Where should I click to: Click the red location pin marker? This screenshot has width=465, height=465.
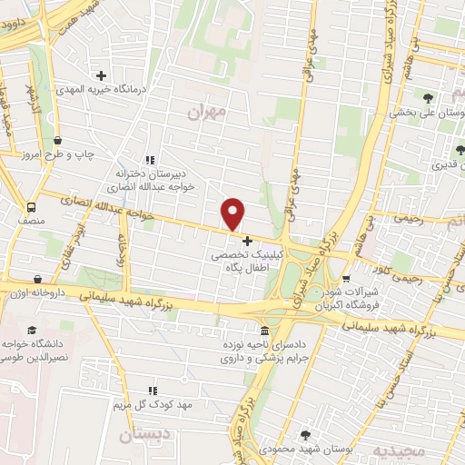(233, 213)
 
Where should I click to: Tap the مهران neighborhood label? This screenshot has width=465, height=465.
(205, 112)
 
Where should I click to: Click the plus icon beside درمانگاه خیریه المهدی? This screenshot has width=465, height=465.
(100, 76)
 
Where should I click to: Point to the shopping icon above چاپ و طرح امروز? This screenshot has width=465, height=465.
(58, 141)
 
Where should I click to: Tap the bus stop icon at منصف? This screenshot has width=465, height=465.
(33, 206)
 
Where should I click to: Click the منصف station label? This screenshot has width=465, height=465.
(31, 220)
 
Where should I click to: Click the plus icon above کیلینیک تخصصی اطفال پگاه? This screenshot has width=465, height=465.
(247, 241)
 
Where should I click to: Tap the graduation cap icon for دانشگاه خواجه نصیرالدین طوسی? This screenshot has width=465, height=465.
(33, 331)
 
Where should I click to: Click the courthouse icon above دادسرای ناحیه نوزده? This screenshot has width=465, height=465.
(263, 331)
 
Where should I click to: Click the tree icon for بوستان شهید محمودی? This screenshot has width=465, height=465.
(304, 435)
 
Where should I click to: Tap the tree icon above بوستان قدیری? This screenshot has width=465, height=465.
(461, 150)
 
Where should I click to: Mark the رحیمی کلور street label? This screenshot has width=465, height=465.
(404, 265)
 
